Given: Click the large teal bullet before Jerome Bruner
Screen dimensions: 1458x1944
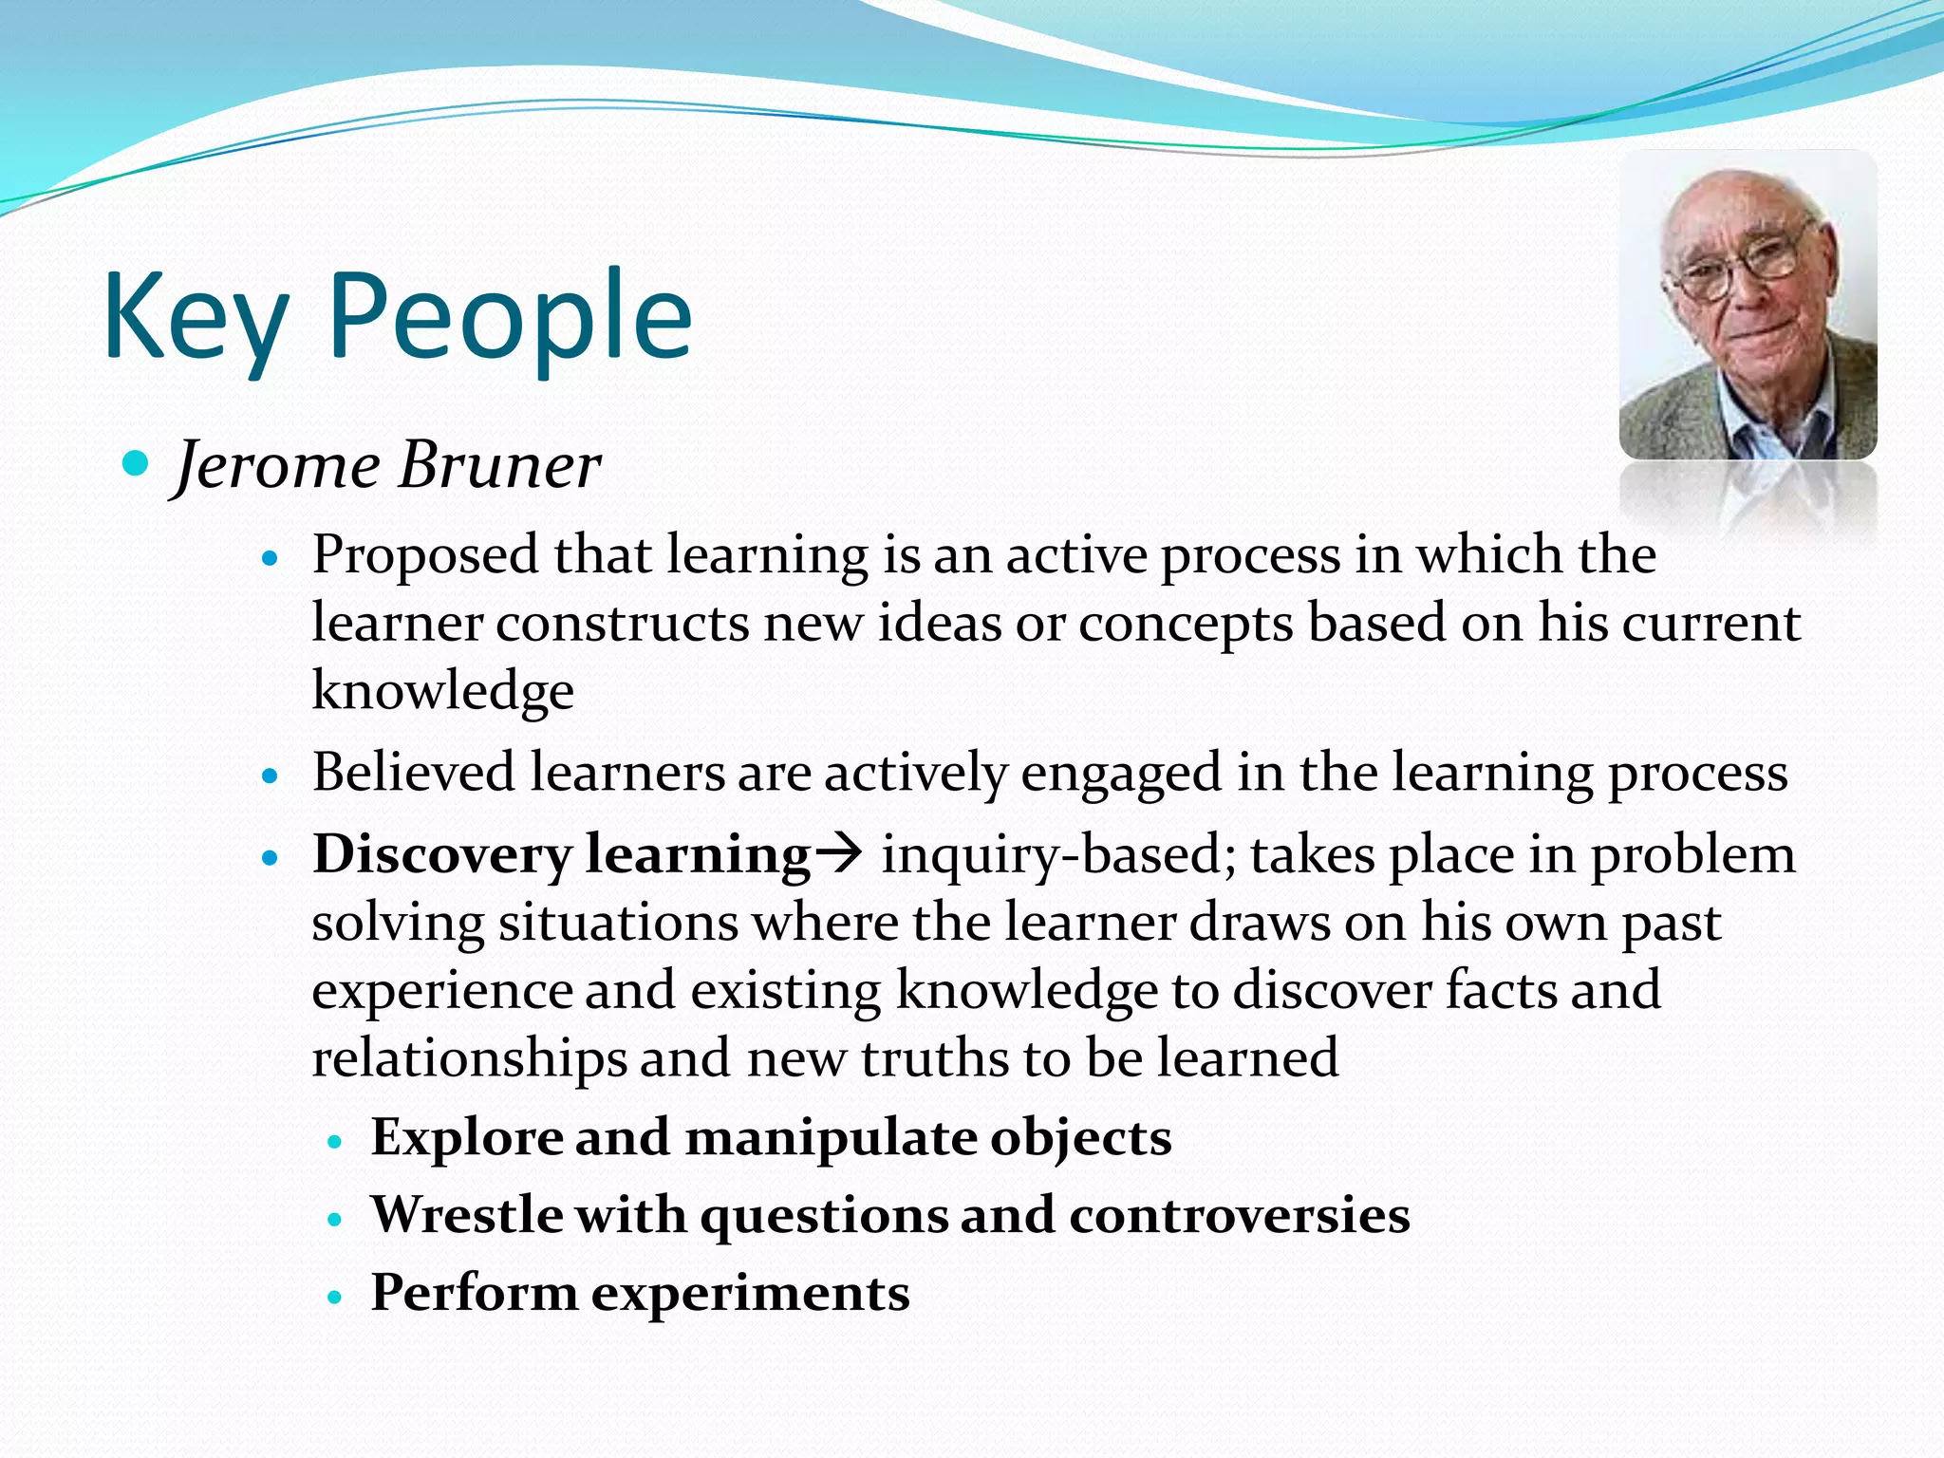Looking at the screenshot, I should pyautogui.click(x=137, y=464).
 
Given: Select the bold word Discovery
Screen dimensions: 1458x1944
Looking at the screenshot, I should pyautogui.click(x=441, y=855).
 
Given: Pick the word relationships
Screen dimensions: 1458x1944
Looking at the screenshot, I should pyautogui.click(x=469, y=1059).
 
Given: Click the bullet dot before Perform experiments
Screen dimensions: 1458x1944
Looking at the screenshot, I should pyautogui.click(x=333, y=1297).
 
